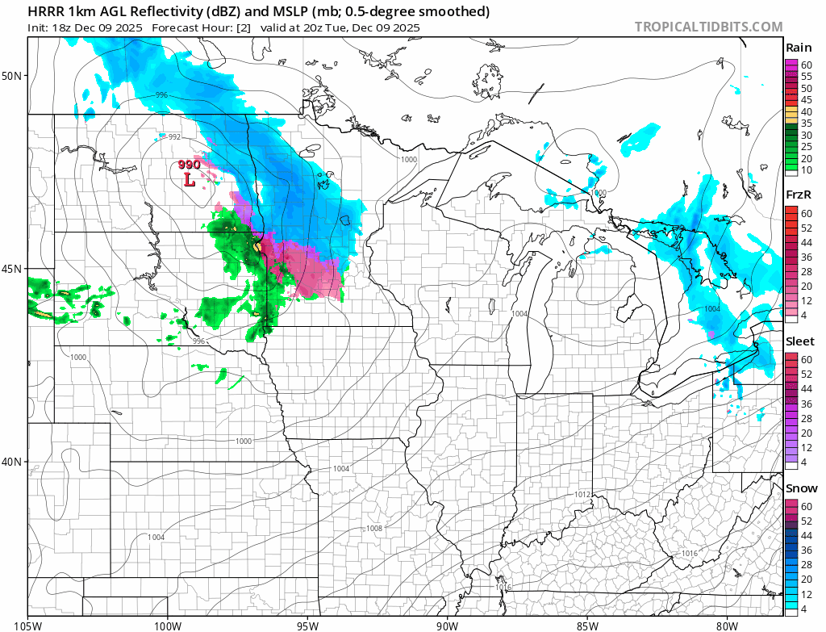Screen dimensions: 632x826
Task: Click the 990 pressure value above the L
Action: pyautogui.click(x=190, y=165)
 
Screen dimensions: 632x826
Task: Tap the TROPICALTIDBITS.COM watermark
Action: pyautogui.click(x=708, y=27)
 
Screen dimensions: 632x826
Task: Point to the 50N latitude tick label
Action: pyautogui.click(x=14, y=76)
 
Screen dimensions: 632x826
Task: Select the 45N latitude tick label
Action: pyautogui.click(x=14, y=269)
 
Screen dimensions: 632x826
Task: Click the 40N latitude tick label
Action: pyautogui.click(x=14, y=462)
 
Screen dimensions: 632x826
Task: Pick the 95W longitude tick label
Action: pyautogui.click(x=307, y=625)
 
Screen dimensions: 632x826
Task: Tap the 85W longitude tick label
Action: pyautogui.click(x=587, y=625)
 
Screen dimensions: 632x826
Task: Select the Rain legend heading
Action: pyautogui.click(x=799, y=48)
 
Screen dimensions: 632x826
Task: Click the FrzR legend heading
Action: pyautogui.click(x=799, y=195)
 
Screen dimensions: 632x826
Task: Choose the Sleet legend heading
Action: pyautogui.click(x=799, y=341)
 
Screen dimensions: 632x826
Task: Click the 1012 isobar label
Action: pyautogui.click(x=584, y=494)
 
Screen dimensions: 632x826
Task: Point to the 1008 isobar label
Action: pyautogui.click(x=374, y=528)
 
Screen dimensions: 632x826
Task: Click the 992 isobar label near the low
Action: pyautogui.click(x=174, y=137)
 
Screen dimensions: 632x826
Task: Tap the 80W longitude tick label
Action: pyautogui.click(x=727, y=625)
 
